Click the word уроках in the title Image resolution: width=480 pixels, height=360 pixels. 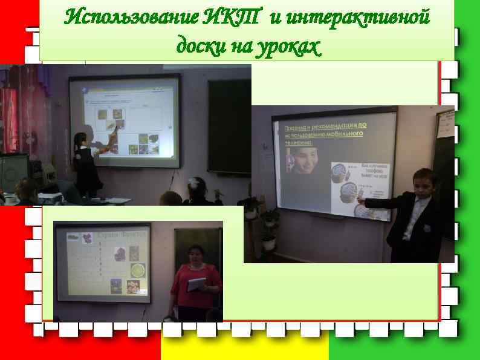[289, 45]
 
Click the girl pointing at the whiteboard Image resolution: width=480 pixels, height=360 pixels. [82, 163]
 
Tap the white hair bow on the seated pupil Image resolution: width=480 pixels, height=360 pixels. [193, 181]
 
